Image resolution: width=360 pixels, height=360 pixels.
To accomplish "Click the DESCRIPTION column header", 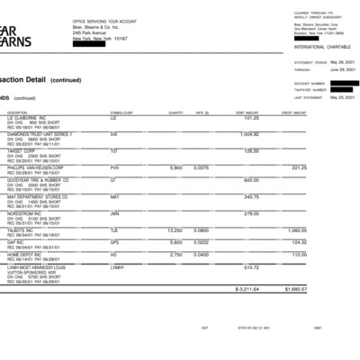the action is click(x=18, y=112).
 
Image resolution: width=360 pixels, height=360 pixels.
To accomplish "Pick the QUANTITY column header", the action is click(x=175, y=112).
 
